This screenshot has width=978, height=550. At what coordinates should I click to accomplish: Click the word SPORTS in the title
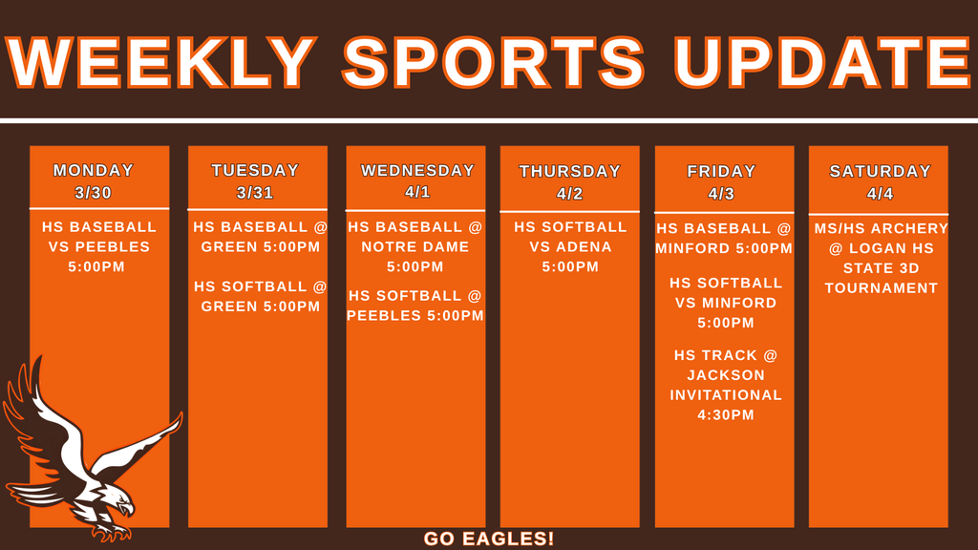coord(494,61)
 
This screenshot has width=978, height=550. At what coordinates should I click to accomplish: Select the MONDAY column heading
coord(94,171)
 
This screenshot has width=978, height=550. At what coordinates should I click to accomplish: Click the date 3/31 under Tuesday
coord(255,193)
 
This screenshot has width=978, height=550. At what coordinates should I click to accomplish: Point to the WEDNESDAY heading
coord(417,171)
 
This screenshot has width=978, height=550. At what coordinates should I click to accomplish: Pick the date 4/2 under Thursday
coord(569,194)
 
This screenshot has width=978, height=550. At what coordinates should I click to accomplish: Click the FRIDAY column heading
coord(721,172)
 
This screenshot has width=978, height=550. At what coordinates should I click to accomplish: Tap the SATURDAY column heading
coord(880,172)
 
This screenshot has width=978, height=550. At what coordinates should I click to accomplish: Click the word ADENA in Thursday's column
coord(584,247)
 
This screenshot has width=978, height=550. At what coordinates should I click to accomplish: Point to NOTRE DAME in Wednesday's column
coord(415,247)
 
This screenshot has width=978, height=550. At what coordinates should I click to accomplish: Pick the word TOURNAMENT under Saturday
coord(881,288)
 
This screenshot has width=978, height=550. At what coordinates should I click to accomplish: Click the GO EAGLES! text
coord(489,539)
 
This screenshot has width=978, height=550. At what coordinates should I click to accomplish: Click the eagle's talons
coord(110,531)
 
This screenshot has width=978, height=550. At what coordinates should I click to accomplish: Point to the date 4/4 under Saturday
coord(880,194)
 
